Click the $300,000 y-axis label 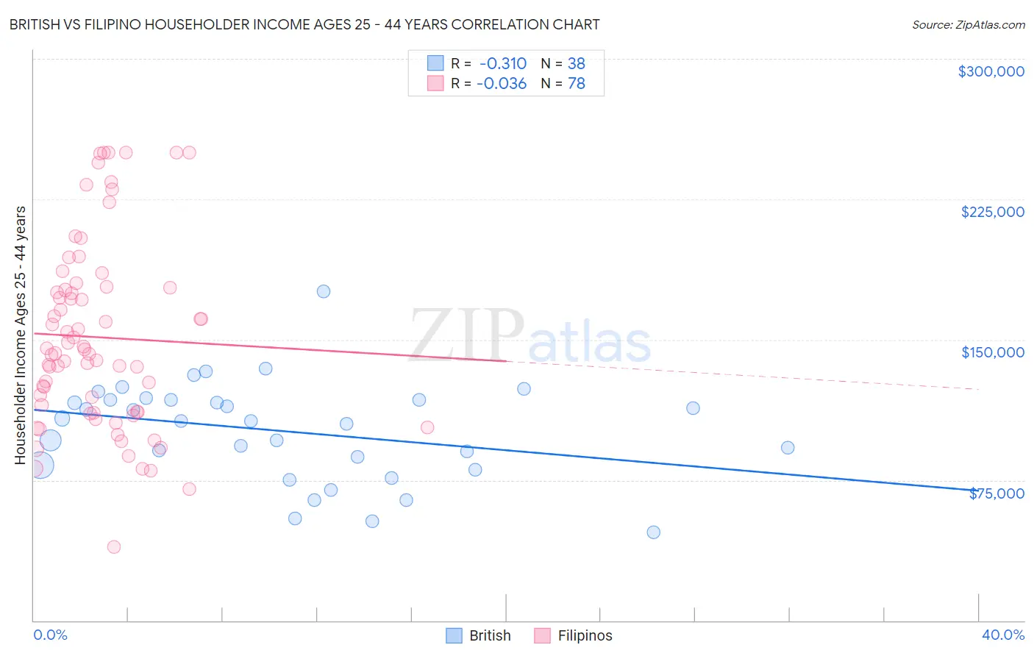[991, 71]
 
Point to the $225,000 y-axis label [992, 212]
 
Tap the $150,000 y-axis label [992, 352]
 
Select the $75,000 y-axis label [996, 493]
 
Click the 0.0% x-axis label [50, 635]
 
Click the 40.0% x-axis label [1002, 635]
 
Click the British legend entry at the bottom [478, 635]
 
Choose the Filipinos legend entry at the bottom [573, 635]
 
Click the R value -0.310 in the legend [502, 63]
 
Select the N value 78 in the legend [576, 84]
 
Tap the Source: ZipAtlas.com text [968, 24]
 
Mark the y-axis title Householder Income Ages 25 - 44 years [20, 335]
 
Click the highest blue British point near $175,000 [324, 291]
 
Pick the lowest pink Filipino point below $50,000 [114, 546]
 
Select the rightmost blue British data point [788, 447]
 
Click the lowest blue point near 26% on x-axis [653, 532]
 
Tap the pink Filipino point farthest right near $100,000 [427, 427]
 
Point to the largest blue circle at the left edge [41, 465]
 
